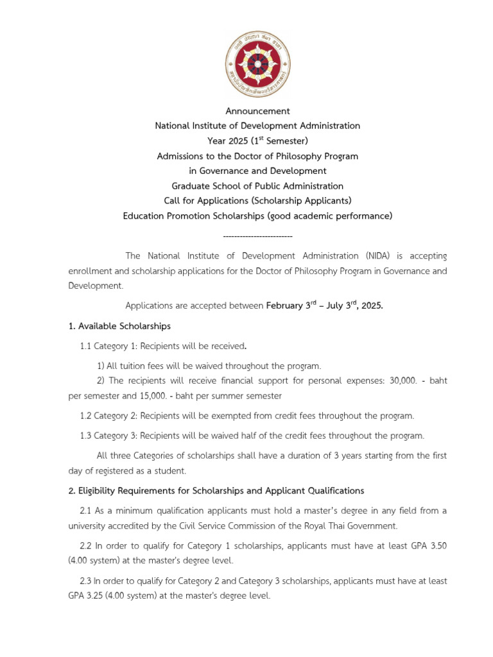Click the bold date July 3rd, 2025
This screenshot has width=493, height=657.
(x=355, y=305)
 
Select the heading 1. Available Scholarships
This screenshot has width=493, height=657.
(x=119, y=326)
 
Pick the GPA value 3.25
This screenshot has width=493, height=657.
(x=100, y=596)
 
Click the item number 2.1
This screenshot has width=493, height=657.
(x=86, y=511)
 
